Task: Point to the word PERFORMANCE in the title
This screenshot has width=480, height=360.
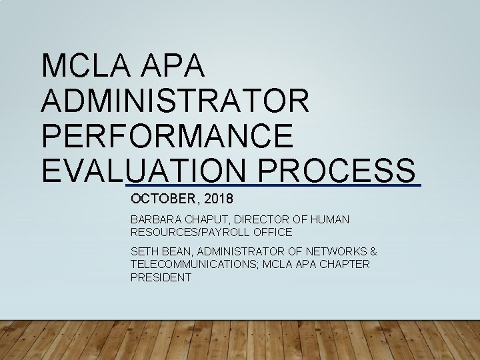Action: (x=167, y=135)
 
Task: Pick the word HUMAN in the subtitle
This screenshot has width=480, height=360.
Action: (x=329, y=219)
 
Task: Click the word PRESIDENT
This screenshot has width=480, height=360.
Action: (x=161, y=277)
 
